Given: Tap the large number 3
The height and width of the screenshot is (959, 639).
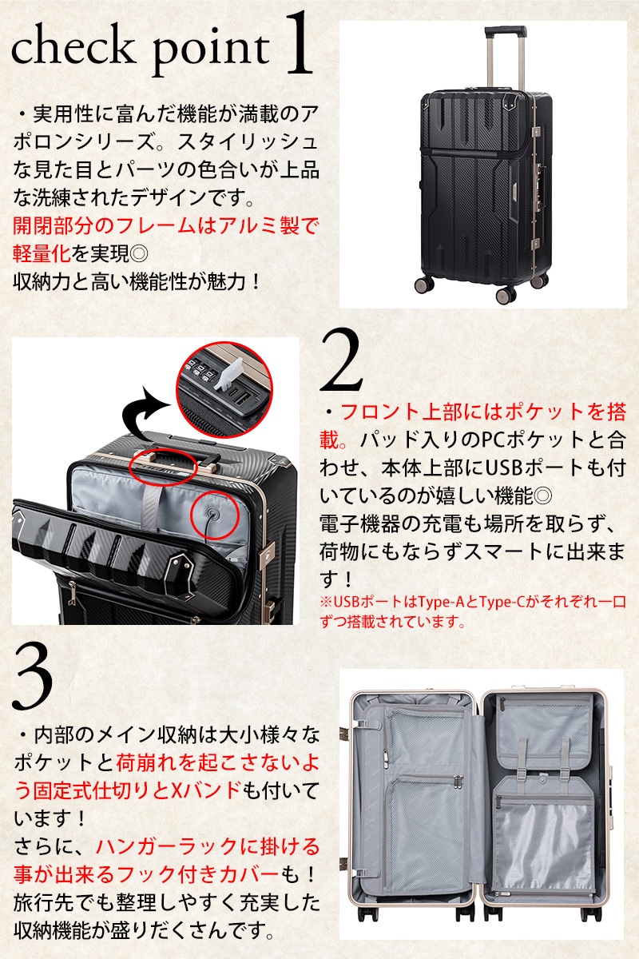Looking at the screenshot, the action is tap(33, 678).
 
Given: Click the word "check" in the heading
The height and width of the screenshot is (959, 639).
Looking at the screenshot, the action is tap(71, 48).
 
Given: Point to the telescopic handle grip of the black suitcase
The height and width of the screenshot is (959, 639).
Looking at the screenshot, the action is tap(505, 31).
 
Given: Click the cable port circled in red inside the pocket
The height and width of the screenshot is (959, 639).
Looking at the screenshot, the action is tap(212, 513).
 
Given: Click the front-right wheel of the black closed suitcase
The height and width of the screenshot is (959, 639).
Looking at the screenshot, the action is tap(506, 296).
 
